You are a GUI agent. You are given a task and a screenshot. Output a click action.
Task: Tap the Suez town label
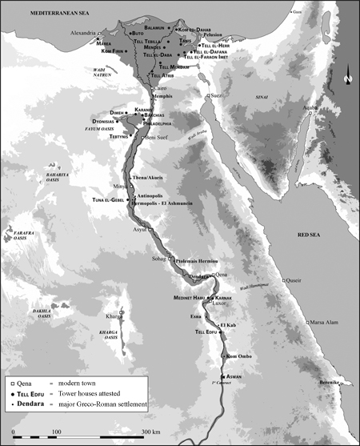click(217, 95)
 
